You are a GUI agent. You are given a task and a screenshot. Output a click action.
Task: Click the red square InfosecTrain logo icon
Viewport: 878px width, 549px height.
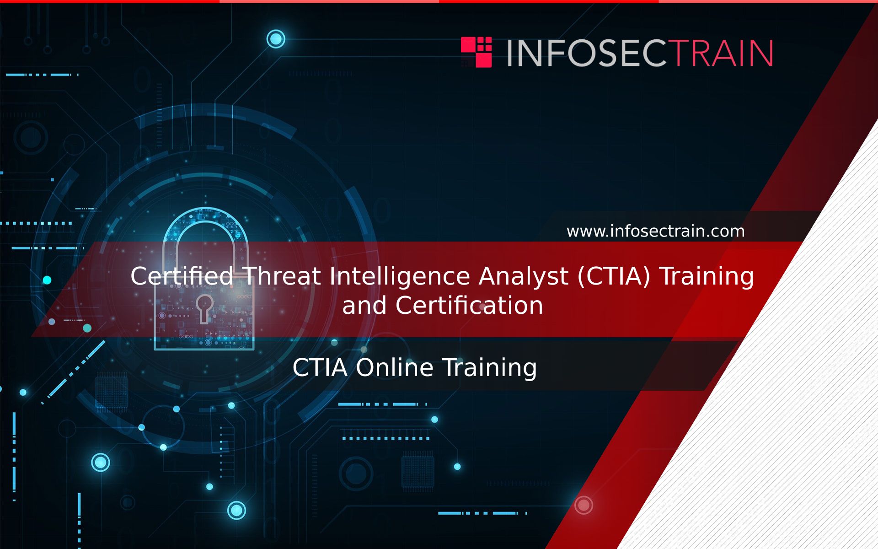point(476,52)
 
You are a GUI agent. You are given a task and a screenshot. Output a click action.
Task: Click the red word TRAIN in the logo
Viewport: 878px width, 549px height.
point(723,53)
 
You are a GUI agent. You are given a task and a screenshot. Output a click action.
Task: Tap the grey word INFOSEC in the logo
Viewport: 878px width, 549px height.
point(589,53)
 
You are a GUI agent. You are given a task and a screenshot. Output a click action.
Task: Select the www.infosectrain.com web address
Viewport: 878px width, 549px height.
point(655,231)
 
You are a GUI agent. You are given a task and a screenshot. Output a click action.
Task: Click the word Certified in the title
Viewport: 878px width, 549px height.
point(182,276)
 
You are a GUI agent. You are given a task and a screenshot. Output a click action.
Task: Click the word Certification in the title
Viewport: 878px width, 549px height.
point(469,305)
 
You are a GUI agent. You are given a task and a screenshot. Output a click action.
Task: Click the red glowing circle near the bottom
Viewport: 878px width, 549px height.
point(584,505)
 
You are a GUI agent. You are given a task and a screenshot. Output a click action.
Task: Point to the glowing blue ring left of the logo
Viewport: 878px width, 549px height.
point(276,39)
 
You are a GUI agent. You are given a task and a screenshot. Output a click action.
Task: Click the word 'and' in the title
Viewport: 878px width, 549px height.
point(364,305)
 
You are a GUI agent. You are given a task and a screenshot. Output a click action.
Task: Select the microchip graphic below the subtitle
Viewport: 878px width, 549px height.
point(418,470)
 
